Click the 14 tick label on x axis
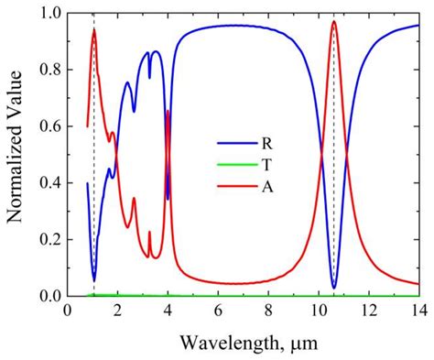point(418,311)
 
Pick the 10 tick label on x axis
point(318,311)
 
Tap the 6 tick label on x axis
point(218,311)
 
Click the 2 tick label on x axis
point(118,311)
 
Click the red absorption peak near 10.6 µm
point(334,22)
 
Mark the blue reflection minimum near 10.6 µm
point(334,287)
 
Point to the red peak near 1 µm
point(93,29)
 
